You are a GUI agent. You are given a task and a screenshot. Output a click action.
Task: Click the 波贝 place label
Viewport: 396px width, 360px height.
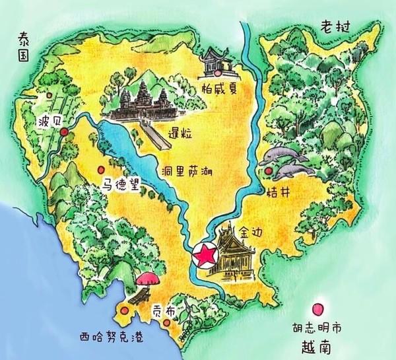click(49, 123)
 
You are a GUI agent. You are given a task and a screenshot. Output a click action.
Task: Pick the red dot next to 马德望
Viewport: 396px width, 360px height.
click(100, 168)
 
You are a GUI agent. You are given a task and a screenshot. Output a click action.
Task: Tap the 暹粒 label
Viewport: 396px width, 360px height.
click(180, 133)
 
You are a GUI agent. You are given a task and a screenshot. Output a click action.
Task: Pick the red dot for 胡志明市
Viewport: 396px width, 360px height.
click(319, 309)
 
